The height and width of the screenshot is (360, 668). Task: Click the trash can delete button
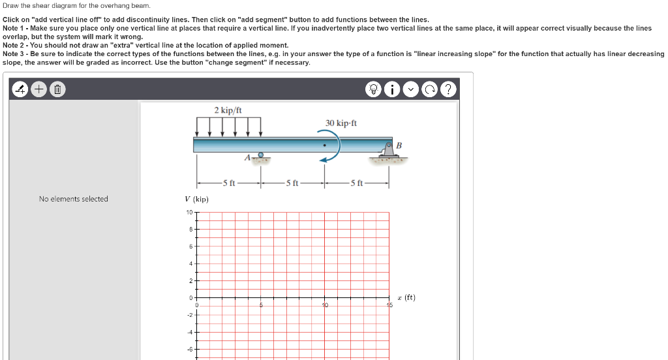click(x=57, y=89)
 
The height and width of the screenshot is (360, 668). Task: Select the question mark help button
click(x=448, y=89)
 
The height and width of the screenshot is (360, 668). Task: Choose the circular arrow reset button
click(x=431, y=89)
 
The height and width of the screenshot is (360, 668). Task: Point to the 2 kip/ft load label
click(x=228, y=110)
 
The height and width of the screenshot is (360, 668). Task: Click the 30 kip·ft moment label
click(x=341, y=123)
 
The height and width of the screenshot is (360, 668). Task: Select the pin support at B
click(x=389, y=151)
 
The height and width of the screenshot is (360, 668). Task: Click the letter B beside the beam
click(x=399, y=144)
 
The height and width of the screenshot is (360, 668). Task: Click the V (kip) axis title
click(x=196, y=199)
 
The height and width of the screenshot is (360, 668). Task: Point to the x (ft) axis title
click(x=406, y=297)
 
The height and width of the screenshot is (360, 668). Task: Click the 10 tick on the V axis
click(x=189, y=213)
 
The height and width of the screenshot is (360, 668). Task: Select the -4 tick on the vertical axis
click(x=189, y=332)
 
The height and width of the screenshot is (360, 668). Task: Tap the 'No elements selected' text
click(x=73, y=199)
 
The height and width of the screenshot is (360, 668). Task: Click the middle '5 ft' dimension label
click(x=292, y=182)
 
